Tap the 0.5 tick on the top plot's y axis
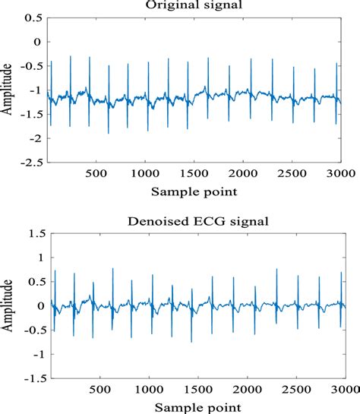point(32,16)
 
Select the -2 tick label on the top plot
point(33,139)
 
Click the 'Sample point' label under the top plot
point(194,190)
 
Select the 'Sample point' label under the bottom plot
point(194,406)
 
